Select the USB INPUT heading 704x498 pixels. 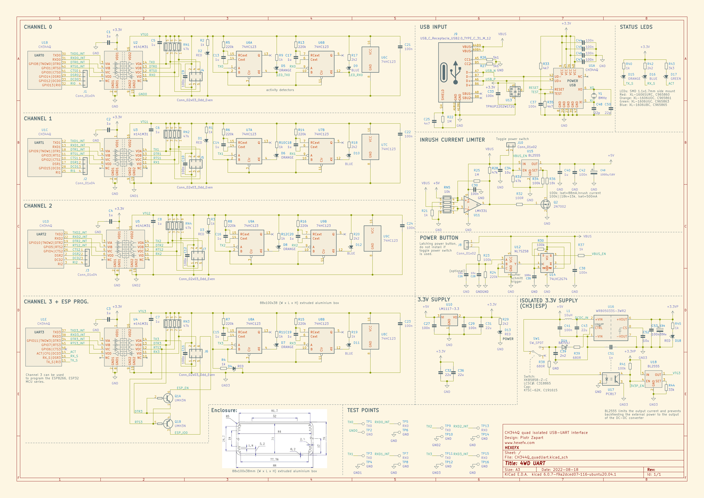433,27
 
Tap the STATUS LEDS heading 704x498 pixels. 636,27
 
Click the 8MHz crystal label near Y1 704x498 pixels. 602,98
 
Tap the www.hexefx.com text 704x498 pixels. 519,442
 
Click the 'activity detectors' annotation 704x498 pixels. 280,90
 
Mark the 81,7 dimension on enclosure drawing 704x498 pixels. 274,411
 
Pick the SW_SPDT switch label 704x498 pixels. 536,343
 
